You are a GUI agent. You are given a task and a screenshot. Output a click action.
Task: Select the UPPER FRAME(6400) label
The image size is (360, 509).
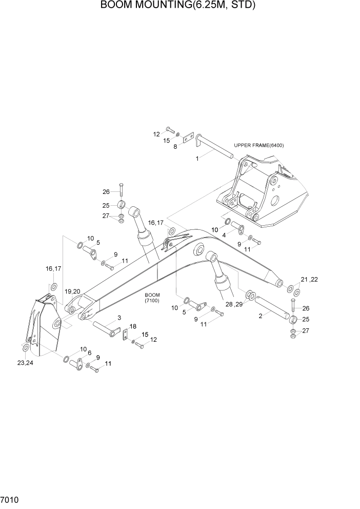click(258, 145)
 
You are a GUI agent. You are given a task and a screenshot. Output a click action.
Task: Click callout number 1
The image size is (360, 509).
click(197, 159)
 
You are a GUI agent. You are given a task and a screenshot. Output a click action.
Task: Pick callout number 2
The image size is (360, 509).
click(261, 316)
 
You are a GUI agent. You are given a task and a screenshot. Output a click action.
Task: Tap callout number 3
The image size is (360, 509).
click(119, 318)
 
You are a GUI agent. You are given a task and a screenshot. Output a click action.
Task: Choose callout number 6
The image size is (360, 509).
click(89, 353)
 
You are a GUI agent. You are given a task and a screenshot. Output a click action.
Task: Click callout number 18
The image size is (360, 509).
click(132, 326)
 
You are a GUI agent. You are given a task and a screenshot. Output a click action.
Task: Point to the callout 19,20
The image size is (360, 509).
click(72, 291)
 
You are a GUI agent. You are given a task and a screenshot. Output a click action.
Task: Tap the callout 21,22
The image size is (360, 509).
click(309, 279)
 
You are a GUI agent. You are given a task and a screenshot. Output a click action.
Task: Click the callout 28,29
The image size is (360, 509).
click(232, 304)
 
